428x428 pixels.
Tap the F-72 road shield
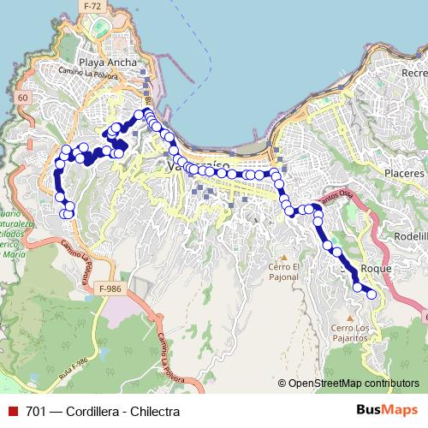(93, 6)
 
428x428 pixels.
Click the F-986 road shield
(109, 288)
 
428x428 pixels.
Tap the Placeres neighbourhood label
(404, 173)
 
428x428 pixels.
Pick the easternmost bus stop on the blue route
(372, 295)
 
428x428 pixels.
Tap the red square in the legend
(11, 412)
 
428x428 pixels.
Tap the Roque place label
(377, 268)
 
